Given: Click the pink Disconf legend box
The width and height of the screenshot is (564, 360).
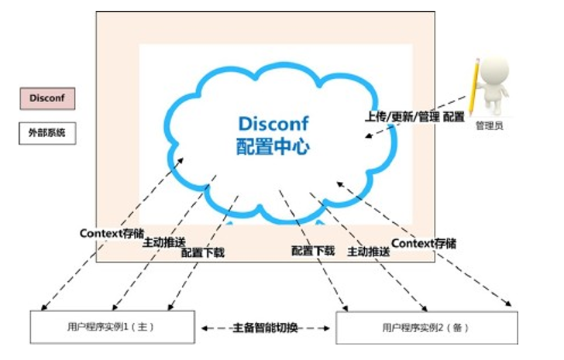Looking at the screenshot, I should (x=46, y=99).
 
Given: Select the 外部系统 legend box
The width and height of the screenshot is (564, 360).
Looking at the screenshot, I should (x=46, y=133).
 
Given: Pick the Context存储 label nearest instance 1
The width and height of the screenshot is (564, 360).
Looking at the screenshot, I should (x=112, y=232).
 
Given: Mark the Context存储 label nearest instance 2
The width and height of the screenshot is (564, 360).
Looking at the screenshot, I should (x=424, y=243).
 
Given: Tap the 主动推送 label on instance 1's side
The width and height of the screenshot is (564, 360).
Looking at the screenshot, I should (x=164, y=242).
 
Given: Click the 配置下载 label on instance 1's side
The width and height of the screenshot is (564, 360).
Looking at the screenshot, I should (x=202, y=252).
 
